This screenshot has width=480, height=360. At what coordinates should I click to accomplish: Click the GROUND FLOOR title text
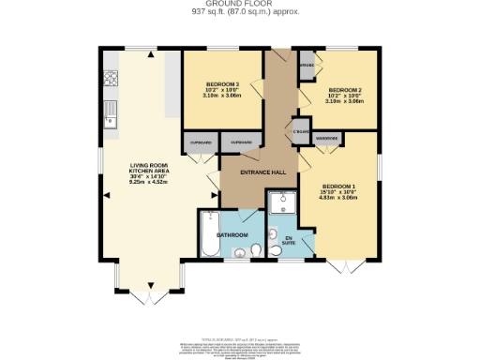[x=239, y=5]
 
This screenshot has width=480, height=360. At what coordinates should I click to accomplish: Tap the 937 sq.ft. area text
[x=239, y=13]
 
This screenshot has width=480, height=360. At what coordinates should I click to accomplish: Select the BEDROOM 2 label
[x=344, y=90]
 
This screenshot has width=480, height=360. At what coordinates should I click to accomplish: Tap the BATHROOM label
[x=232, y=234]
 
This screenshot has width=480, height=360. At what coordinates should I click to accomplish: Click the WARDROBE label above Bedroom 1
[x=327, y=138]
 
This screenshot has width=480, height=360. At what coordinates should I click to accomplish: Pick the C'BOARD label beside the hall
[x=301, y=130]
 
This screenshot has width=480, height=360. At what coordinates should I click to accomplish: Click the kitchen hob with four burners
[x=111, y=79]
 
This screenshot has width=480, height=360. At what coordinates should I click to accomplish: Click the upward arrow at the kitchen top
[x=149, y=53]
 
